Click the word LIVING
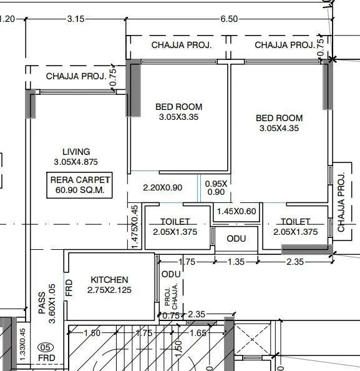pos(76,152)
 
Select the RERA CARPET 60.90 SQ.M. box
pos(80,185)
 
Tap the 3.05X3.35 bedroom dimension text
pos(178,117)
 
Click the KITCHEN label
pos(109,280)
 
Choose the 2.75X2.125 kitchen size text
pos(110,290)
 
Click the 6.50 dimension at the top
pos(228,19)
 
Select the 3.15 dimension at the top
pos(75,19)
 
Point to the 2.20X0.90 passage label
pos(163,187)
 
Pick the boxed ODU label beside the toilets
pos(236,239)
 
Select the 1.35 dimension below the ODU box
pos(236,262)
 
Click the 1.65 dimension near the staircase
pos(198,334)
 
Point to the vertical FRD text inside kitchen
pos(70,287)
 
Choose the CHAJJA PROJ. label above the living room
pos(76,76)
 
